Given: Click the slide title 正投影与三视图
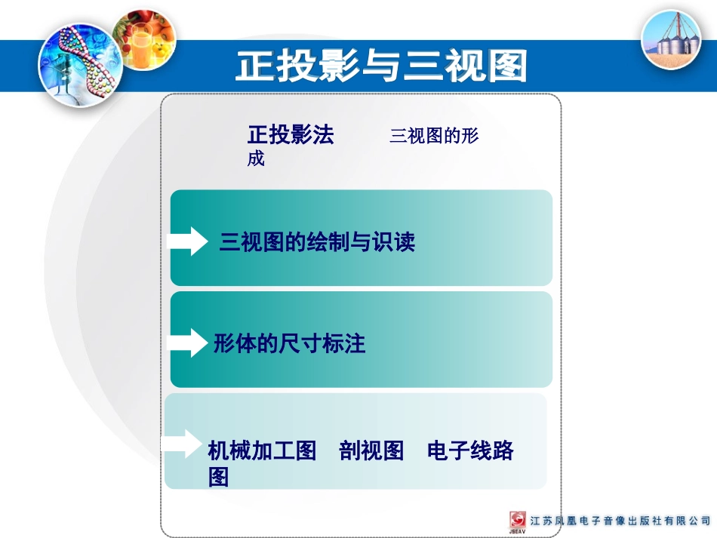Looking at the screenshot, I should click(x=380, y=66).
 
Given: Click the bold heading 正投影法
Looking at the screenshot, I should click(x=291, y=135).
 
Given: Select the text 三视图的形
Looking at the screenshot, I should click(x=434, y=137).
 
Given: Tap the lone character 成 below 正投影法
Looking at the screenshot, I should click(x=256, y=159).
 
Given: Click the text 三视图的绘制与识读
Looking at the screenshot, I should click(x=317, y=242).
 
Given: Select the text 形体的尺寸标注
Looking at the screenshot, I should click(x=289, y=344).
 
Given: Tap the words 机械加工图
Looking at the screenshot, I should click(x=262, y=451).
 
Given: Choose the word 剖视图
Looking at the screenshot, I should click(x=371, y=451).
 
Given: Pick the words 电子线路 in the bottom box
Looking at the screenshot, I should click(x=470, y=451).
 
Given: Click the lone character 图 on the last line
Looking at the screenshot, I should click(x=218, y=478).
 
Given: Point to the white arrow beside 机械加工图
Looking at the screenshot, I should click(x=183, y=444).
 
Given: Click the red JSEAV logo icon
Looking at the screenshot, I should click(x=519, y=521).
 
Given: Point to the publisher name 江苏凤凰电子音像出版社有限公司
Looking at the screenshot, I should click(x=620, y=521).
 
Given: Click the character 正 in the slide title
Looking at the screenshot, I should click(x=254, y=66).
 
